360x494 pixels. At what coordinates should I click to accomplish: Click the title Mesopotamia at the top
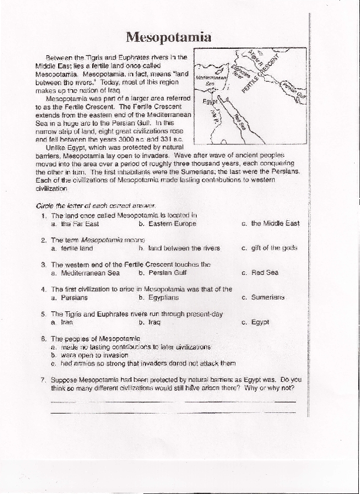169,38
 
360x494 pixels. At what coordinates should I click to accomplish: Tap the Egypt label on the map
210,102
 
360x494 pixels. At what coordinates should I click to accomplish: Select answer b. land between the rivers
179,248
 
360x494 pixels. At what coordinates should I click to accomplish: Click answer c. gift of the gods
270,248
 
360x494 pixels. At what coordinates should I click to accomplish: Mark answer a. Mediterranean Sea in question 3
85,273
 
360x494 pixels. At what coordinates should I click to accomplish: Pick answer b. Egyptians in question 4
159,298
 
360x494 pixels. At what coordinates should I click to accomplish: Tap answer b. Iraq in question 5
150,322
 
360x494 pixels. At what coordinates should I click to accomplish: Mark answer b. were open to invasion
90,355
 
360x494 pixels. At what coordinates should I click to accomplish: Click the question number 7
43,379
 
